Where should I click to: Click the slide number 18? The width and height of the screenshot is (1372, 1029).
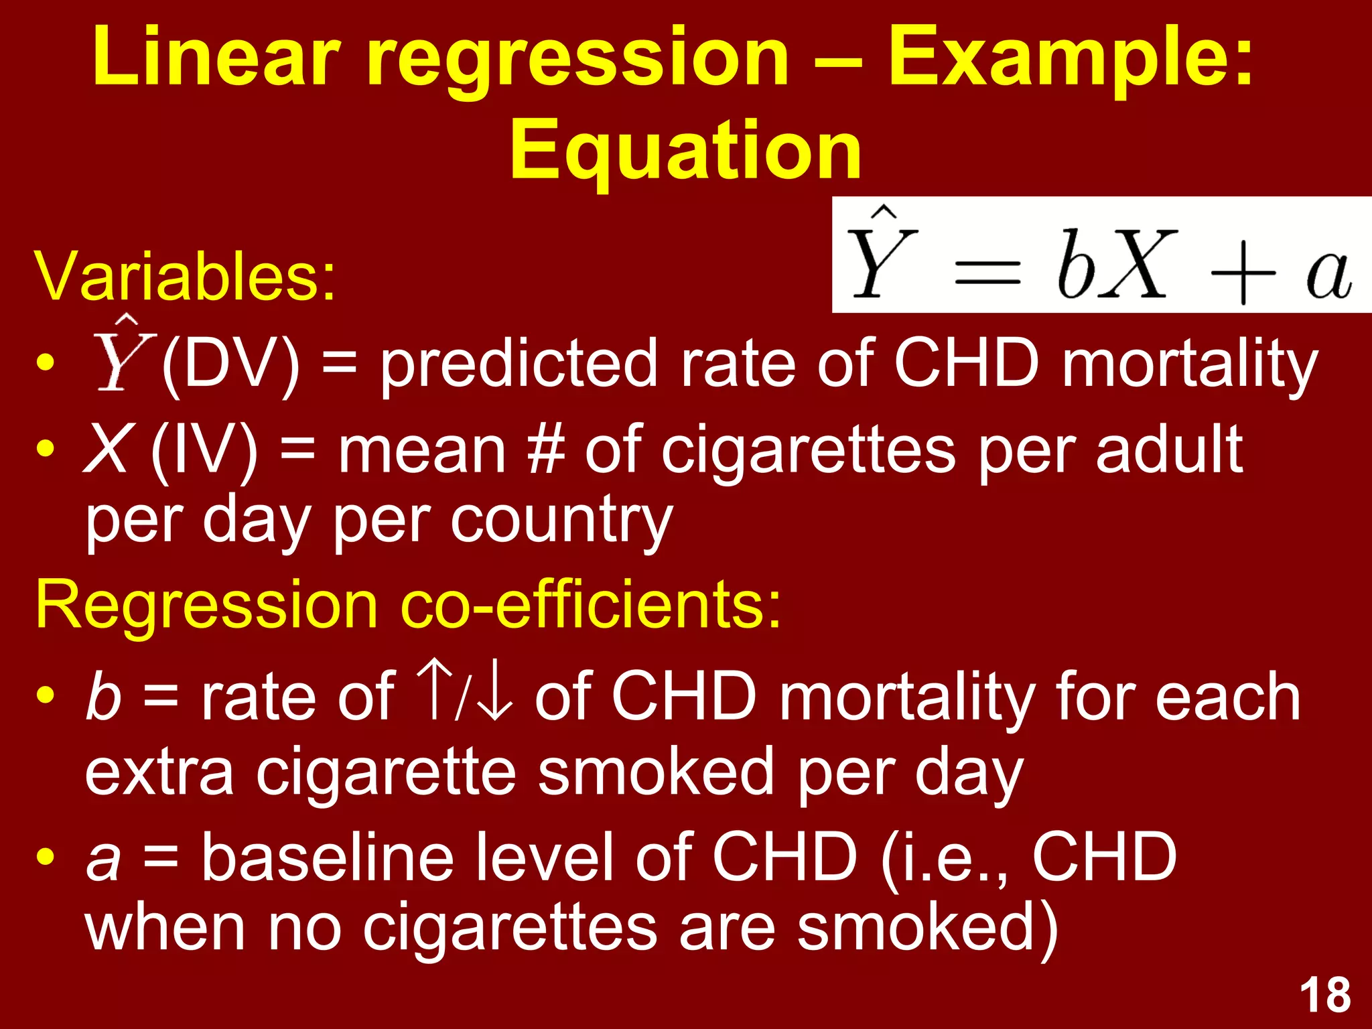pos(1325,996)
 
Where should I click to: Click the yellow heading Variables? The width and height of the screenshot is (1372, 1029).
pos(185,276)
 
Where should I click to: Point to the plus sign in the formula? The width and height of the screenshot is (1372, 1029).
pos(1243,275)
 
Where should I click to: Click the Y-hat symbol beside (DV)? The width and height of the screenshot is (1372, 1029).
pos(124,354)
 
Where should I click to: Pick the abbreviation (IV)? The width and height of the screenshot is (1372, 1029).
pos(204,450)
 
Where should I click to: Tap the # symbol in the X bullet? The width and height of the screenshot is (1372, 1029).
pos(545,450)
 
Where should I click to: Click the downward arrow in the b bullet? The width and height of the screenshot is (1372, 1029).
pos(496,697)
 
